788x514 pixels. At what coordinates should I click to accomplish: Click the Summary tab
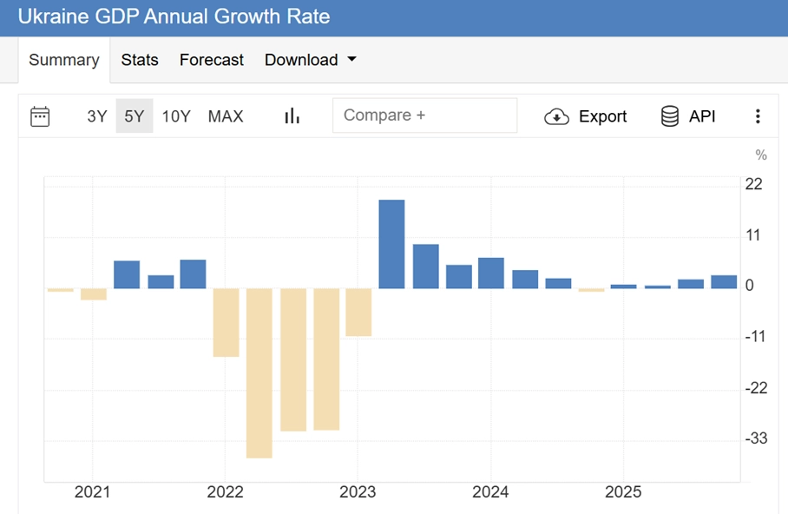(x=63, y=60)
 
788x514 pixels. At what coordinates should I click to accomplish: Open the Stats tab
(x=140, y=60)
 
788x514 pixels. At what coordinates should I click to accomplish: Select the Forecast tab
(x=212, y=60)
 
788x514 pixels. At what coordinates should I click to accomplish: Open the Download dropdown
(x=311, y=60)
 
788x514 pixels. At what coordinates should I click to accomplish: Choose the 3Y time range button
(x=96, y=116)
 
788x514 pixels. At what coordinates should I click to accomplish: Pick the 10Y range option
(x=176, y=116)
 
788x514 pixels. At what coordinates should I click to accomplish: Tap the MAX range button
(x=226, y=116)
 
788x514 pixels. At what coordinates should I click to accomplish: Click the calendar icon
(x=40, y=116)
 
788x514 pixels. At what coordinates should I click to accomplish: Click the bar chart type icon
(x=292, y=116)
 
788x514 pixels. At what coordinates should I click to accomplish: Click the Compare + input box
(x=424, y=115)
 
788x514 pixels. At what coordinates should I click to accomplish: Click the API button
(x=688, y=116)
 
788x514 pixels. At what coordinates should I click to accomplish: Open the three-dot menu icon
(x=758, y=116)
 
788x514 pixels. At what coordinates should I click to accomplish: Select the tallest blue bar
(x=391, y=244)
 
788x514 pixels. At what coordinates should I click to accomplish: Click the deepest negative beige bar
(x=259, y=372)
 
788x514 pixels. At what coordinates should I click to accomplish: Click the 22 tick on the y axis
(x=753, y=184)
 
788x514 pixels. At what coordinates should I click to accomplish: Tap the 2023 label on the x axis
(x=358, y=492)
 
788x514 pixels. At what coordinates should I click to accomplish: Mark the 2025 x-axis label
(x=623, y=492)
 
